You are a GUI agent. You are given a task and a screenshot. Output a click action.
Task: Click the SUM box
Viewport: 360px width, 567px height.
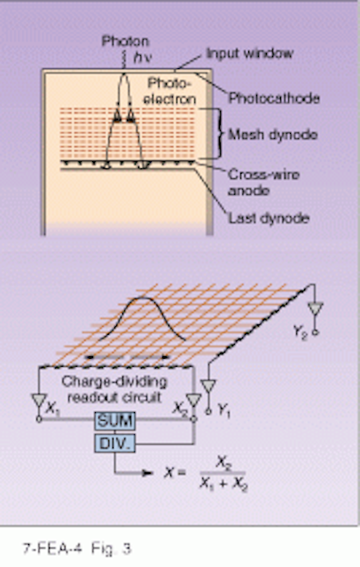coord(115,421)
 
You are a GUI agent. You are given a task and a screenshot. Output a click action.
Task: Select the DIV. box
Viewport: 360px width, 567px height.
coord(115,443)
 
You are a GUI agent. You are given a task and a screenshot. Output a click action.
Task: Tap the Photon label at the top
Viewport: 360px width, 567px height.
coord(125,42)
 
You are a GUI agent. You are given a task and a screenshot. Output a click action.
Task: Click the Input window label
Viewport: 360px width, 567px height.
coord(250,53)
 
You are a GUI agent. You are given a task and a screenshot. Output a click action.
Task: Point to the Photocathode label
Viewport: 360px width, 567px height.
coord(274,98)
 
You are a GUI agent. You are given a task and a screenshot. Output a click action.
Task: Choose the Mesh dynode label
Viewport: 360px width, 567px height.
coord(273,135)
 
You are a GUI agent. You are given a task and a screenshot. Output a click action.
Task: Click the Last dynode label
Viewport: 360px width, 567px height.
coord(269,218)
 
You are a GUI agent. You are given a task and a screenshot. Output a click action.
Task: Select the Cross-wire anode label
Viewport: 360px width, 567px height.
coord(263,183)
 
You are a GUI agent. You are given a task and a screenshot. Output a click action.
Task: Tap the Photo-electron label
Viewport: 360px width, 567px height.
coord(169,91)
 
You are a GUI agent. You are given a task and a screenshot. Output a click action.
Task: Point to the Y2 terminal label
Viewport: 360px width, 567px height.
coord(301,330)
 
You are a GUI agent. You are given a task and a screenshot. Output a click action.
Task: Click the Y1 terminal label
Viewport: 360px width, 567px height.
coord(224,410)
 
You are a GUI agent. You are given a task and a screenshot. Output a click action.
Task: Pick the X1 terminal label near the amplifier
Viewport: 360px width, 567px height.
coord(52,408)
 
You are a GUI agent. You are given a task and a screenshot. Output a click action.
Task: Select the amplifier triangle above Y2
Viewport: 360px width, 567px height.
coord(315,309)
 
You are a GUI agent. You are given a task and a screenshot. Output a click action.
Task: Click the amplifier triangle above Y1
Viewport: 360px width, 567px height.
coord(208,386)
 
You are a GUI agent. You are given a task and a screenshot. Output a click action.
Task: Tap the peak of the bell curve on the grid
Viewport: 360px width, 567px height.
coord(142,298)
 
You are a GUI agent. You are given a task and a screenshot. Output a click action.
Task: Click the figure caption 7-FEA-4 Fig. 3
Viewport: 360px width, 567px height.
coord(77,548)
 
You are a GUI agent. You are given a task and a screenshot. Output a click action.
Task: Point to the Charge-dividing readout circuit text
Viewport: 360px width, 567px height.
coord(114,390)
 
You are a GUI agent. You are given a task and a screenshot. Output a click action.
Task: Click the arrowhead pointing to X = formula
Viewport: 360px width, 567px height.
coord(148,472)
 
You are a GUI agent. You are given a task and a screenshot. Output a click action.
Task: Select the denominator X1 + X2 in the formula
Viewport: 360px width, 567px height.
coord(223,485)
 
